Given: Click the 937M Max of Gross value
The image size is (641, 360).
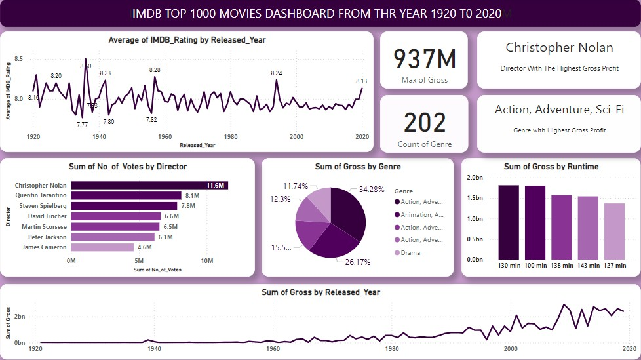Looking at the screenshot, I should point(424,58).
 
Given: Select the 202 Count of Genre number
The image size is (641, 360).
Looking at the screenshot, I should point(424,123).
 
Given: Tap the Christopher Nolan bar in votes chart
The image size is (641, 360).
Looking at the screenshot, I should point(149,186).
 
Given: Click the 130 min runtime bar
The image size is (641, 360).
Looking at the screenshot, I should point(509,222).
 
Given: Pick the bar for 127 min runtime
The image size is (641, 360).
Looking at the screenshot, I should point(614,231).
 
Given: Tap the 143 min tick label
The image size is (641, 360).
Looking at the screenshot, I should point(587,266).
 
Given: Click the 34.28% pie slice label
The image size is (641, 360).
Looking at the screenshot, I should point(372,189).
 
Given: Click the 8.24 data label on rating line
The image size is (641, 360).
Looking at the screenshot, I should point(277,73).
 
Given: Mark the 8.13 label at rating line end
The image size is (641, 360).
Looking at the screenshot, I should point(361,81).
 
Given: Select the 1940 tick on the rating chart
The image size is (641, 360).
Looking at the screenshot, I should point(100,137).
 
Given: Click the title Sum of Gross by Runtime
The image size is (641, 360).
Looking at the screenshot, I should point(551,167).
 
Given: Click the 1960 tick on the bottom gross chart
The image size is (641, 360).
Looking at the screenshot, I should point(273,349).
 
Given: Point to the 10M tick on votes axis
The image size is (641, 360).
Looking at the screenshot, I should point(207,261).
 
